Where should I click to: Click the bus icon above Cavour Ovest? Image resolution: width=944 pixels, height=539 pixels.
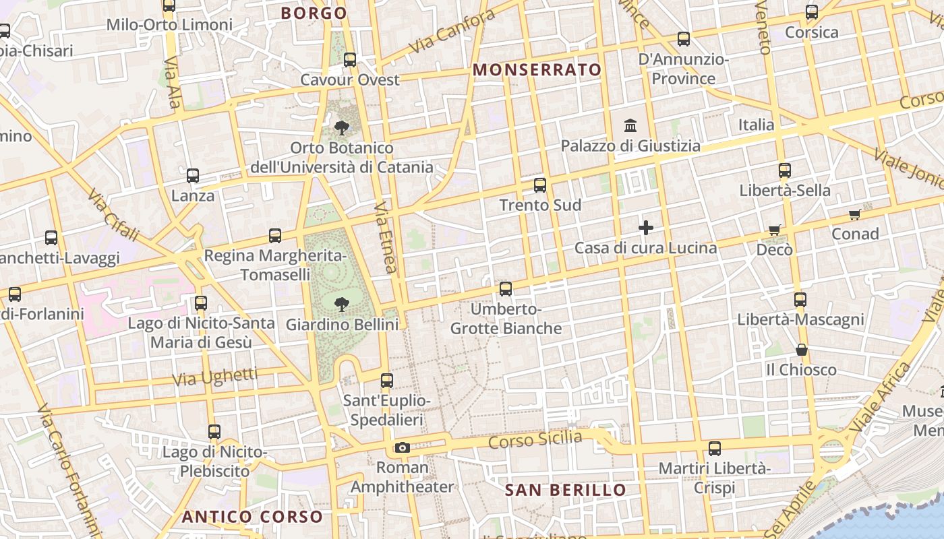tap(349, 59)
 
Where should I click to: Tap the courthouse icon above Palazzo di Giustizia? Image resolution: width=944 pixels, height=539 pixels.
tap(631, 125)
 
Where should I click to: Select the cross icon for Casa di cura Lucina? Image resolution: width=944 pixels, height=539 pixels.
tap(646, 228)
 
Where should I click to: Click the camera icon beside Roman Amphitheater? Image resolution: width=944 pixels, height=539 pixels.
tap(402, 447)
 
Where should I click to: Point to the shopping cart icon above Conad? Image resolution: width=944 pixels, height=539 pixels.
tap(855, 215)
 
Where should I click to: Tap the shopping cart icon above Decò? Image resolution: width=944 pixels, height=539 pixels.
tap(774, 230)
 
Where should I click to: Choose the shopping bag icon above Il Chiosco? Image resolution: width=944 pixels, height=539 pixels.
tap(801, 350)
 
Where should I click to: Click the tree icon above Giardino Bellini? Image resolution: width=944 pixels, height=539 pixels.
tap(342, 304)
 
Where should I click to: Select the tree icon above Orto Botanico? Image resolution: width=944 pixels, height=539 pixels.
tap(342, 127)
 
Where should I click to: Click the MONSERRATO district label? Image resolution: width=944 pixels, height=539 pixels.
tap(537, 70)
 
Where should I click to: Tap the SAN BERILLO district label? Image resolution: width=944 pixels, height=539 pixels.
tap(566, 490)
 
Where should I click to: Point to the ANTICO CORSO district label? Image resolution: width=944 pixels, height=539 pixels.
tap(253, 517)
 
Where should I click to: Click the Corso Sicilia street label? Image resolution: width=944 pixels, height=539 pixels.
tap(535, 440)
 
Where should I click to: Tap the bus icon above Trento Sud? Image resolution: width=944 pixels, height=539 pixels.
tap(539, 185)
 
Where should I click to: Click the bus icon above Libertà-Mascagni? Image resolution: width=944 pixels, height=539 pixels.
tap(800, 299)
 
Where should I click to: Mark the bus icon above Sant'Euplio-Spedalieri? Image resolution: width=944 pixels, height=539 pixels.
tap(386, 381)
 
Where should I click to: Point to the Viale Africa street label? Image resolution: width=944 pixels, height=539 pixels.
tap(880, 398)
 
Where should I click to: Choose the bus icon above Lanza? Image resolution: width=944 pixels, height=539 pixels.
tap(193, 176)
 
